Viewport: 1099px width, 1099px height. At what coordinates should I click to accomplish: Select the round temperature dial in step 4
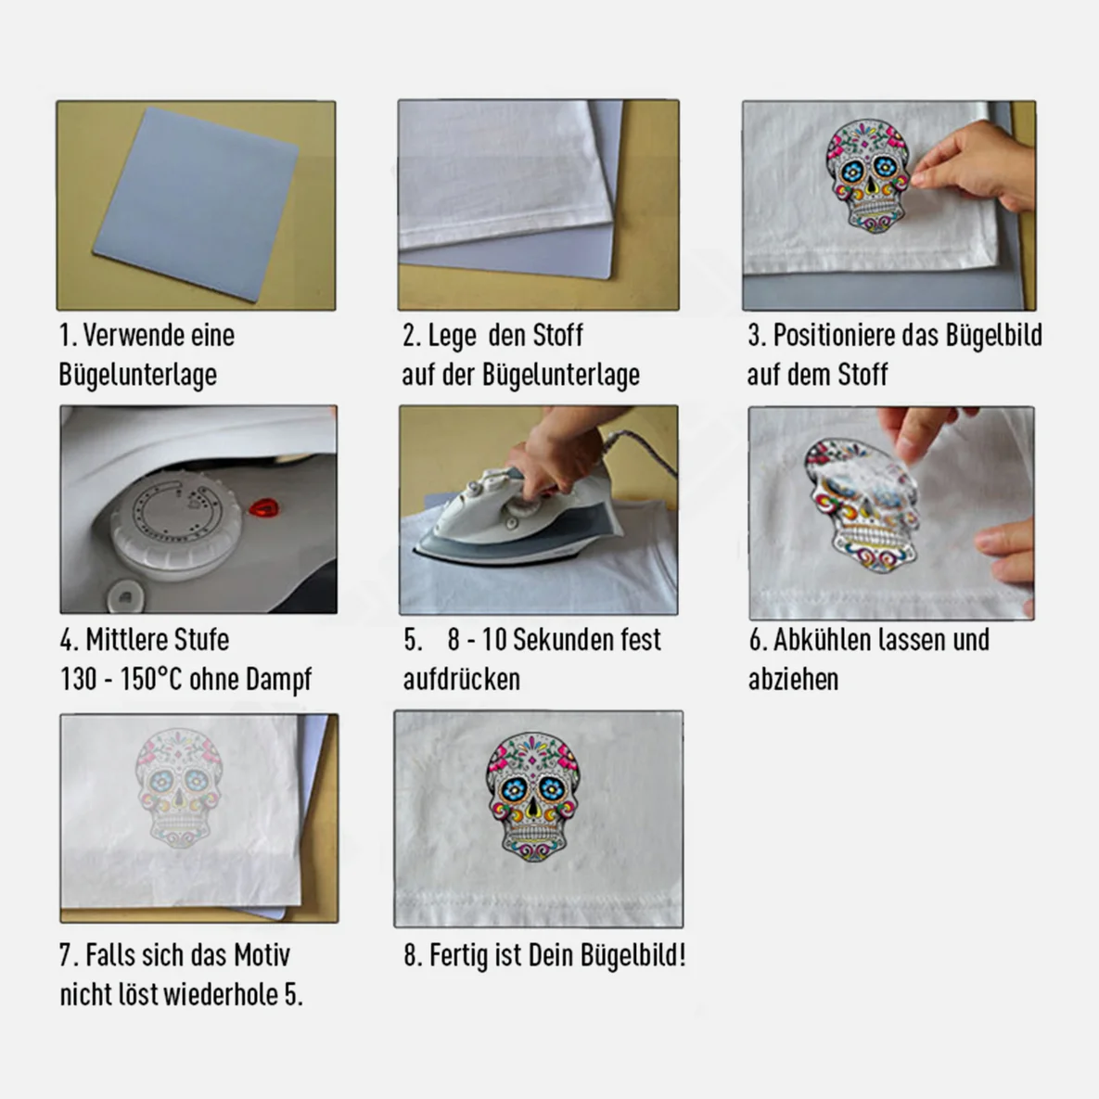(x=176, y=524)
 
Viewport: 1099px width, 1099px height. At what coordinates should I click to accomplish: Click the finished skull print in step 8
(x=532, y=797)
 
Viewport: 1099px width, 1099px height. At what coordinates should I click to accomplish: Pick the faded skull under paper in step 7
(x=179, y=787)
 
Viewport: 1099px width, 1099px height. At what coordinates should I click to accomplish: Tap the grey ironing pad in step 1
(x=197, y=205)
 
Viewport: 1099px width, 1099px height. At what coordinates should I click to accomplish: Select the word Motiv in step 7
(x=262, y=954)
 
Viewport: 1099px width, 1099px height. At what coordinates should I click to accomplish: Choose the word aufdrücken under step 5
(x=461, y=679)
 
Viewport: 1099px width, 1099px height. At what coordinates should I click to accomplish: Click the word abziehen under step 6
(x=793, y=679)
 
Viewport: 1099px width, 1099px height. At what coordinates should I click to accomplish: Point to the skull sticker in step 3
(x=868, y=175)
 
